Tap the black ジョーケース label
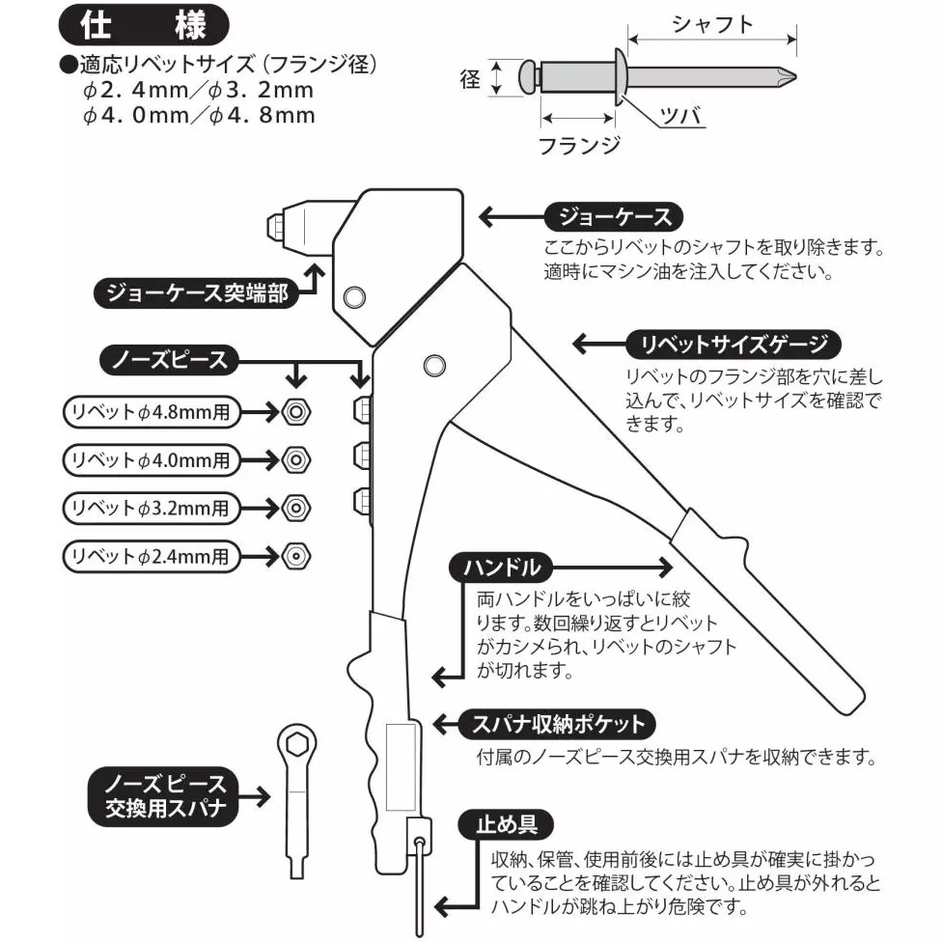click(607, 215)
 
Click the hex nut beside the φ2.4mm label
click(294, 555)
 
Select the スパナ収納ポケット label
click(551, 723)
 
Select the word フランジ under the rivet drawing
click(578, 146)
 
